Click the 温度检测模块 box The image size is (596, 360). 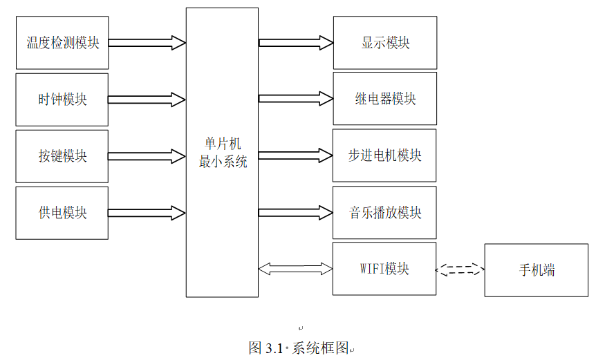(x=62, y=43)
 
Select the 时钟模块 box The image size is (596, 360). (x=62, y=100)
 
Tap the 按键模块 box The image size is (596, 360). (x=62, y=156)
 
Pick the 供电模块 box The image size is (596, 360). (x=62, y=213)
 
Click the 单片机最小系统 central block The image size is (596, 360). (x=222, y=153)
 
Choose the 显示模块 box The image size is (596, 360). (x=385, y=43)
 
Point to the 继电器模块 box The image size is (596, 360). (x=385, y=99)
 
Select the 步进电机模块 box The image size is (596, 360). (x=384, y=155)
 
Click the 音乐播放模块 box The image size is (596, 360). (x=384, y=212)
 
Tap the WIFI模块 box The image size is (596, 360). (x=384, y=269)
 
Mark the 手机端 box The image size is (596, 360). (x=537, y=270)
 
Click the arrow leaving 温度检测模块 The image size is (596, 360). (x=147, y=43)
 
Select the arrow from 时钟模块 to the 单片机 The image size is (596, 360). (x=147, y=100)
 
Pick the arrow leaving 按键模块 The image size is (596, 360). (x=147, y=156)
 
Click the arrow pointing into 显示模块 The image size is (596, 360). (x=296, y=43)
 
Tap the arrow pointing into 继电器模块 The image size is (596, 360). (x=296, y=99)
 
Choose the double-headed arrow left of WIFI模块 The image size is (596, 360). (x=296, y=269)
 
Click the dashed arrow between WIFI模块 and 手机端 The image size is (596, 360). (x=460, y=269)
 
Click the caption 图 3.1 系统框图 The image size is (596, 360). (x=301, y=348)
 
